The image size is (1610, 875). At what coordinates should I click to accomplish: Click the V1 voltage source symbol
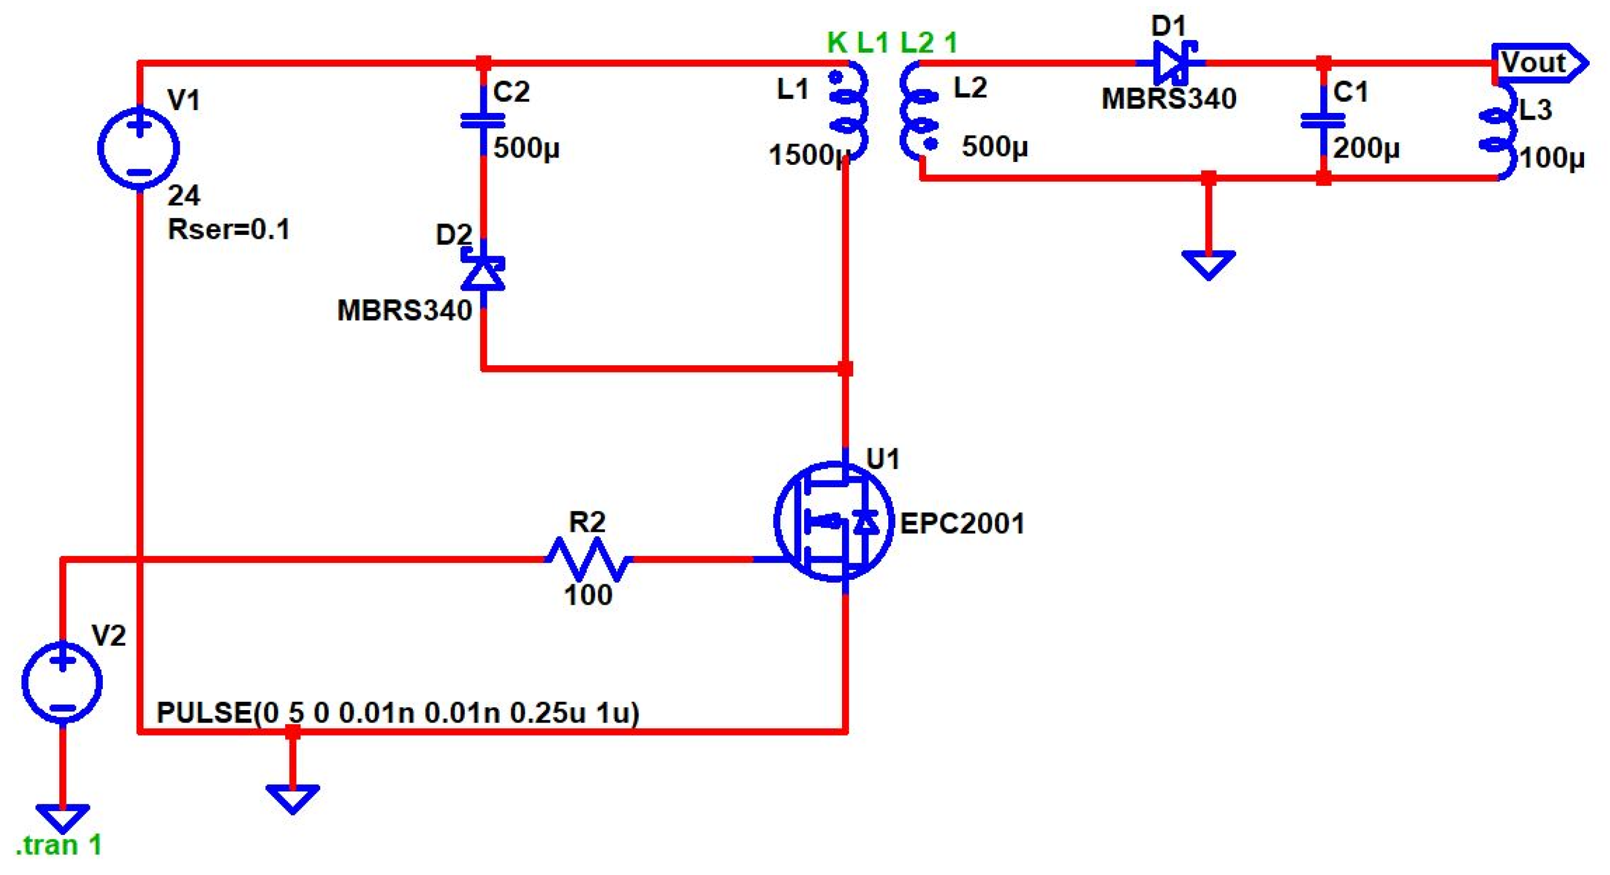point(139,148)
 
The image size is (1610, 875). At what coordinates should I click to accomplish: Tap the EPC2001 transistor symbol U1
point(833,522)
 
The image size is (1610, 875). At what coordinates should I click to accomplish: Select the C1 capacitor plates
point(1323,120)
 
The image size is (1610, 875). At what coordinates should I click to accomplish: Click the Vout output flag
point(1538,63)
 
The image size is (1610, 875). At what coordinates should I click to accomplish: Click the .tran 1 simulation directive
point(59,846)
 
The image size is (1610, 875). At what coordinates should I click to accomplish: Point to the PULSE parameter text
point(398,712)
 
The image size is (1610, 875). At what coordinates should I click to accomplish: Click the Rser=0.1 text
point(229,229)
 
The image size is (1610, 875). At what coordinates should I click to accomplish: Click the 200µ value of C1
point(1366,148)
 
